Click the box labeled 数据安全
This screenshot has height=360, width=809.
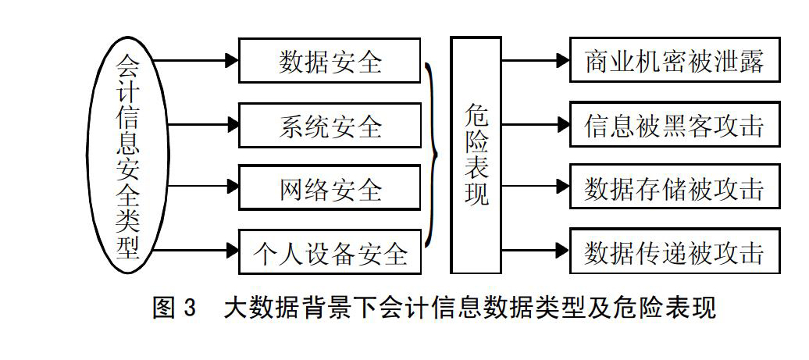330,60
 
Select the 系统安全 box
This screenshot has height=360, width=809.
330,125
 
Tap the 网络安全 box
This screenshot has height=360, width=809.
330,187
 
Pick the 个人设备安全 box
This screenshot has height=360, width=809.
330,251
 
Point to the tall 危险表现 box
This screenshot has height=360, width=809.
476,155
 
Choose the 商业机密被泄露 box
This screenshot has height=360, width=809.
675,60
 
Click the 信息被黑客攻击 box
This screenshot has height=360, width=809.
675,124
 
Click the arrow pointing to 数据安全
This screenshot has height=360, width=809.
195,60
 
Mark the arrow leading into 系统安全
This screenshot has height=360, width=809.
203,125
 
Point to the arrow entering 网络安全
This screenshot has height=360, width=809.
203,187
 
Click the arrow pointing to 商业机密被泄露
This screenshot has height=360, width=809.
536,60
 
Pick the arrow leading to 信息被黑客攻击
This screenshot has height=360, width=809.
536,124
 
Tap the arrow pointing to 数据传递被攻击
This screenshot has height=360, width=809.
536,251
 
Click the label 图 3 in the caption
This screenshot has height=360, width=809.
175,308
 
